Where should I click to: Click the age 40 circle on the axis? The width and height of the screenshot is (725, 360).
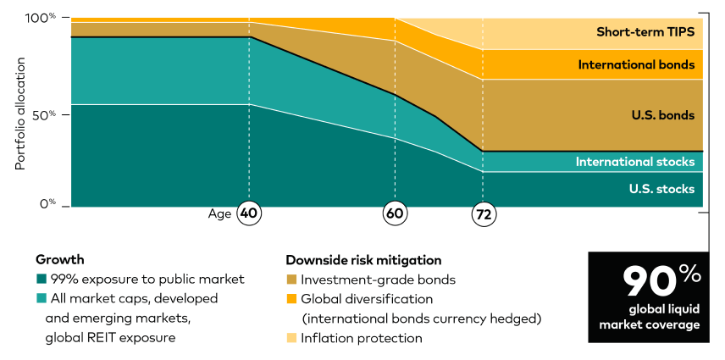pyautogui.click(x=248, y=214)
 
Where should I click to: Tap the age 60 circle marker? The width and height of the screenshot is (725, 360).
pyautogui.click(x=395, y=214)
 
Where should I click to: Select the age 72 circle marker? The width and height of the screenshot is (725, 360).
pyautogui.click(x=484, y=214)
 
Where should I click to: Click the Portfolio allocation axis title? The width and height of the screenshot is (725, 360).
pyautogui.click(x=20, y=114)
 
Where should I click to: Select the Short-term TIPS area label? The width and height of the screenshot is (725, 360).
pyautogui.click(x=645, y=32)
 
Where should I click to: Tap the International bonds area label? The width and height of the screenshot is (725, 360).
pyautogui.click(x=636, y=64)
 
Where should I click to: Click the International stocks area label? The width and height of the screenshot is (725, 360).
pyautogui.click(x=635, y=162)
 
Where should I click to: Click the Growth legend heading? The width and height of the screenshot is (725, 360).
pyautogui.click(x=59, y=260)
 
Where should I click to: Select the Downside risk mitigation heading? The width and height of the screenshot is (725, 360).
pyautogui.click(x=363, y=260)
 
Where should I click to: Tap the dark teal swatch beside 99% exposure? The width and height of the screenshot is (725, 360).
pyautogui.click(x=40, y=280)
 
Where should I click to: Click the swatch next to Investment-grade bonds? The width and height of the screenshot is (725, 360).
pyautogui.click(x=291, y=280)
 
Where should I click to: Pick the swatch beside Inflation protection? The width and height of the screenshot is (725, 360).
pyautogui.click(x=291, y=338)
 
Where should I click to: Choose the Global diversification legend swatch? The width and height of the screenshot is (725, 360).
pyautogui.click(x=291, y=299)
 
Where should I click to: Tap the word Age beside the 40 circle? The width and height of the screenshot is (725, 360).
pyautogui.click(x=219, y=214)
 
